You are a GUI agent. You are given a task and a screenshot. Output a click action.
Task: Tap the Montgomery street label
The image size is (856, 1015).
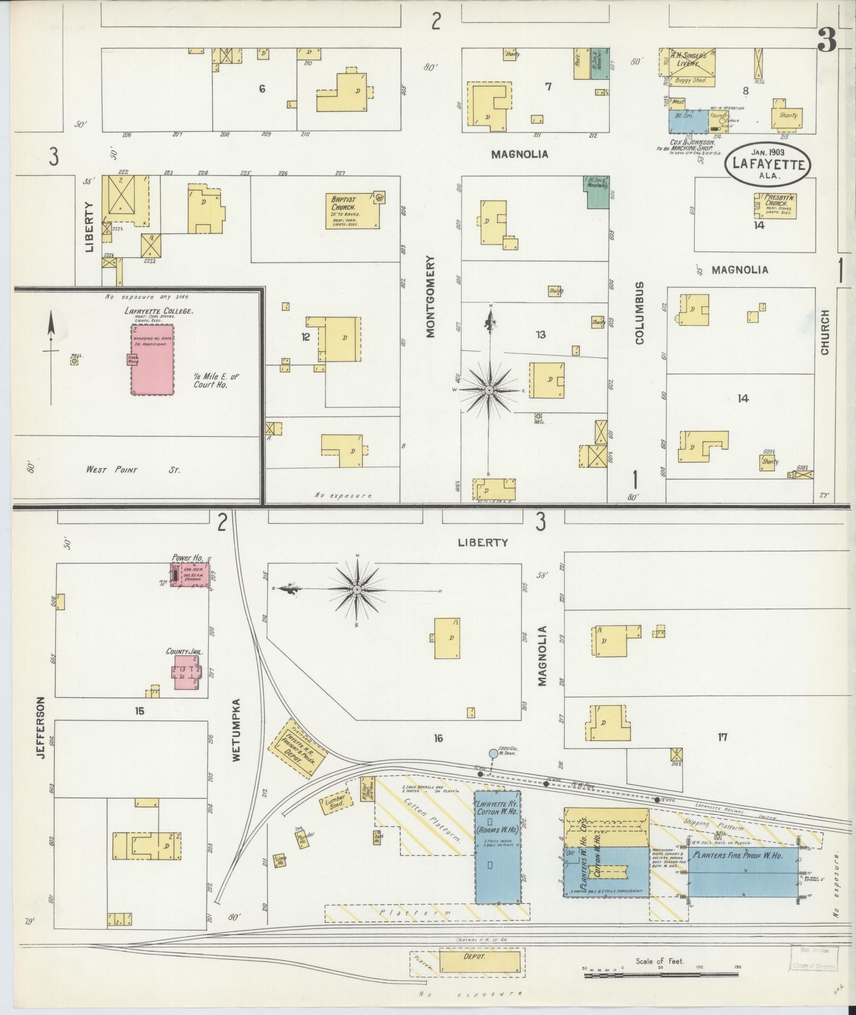pos(430,297)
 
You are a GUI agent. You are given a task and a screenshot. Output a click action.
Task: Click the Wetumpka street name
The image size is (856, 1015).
pos(237,732)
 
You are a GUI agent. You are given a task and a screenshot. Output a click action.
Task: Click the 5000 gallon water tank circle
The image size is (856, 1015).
pos(493,753)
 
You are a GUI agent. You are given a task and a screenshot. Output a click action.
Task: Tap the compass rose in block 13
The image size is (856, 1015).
pos(489,391)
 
